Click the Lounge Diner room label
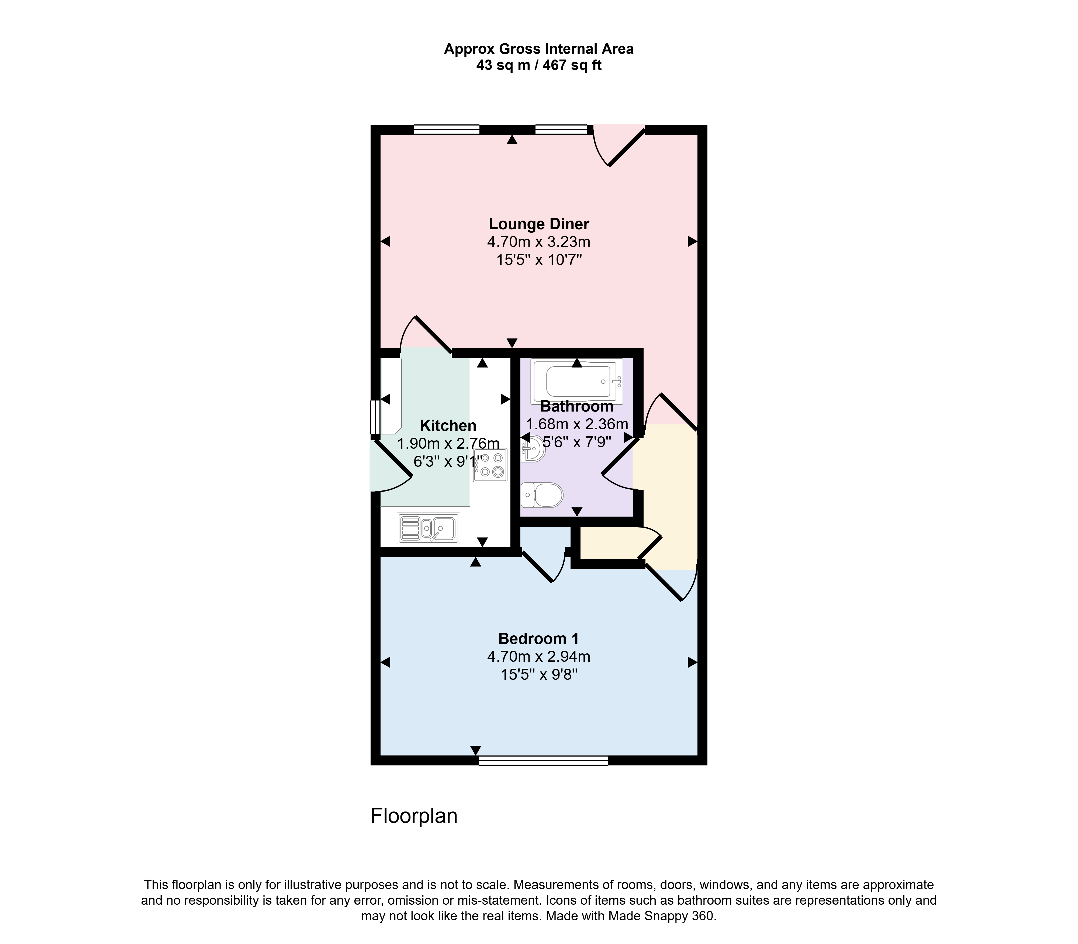tap(539, 224)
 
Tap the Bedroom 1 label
tap(539, 639)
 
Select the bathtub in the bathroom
tap(577, 381)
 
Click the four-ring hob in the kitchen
tap(490, 465)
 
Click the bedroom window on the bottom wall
tap(543, 760)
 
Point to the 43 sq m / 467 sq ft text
tap(539, 65)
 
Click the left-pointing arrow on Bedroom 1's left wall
tap(385, 662)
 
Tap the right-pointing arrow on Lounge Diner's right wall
tap(693, 241)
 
